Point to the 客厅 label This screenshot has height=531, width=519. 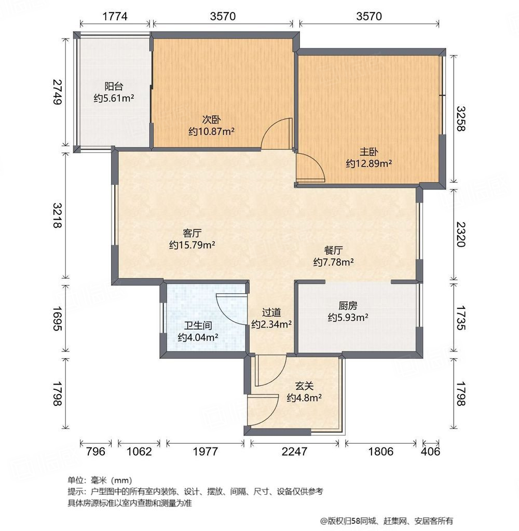(192, 232)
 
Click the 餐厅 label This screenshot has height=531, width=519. (333, 250)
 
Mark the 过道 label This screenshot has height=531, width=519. (271, 312)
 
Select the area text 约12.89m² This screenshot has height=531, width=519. (369, 164)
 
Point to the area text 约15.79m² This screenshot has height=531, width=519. (192, 244)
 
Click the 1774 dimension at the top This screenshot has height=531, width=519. (115, 17)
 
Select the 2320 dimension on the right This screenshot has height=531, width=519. (462, 234)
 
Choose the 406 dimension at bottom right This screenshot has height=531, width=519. (430, 451)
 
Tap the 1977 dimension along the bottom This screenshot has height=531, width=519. (205, 451)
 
